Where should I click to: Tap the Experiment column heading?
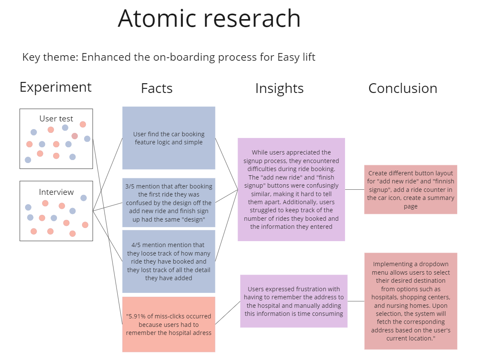click(56, 87)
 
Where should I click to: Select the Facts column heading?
click(156, 88)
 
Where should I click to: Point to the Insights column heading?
click(279, 89)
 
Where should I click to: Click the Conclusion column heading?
click(403, 88)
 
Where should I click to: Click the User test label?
click(56, 118)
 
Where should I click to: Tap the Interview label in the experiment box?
click(56, 192)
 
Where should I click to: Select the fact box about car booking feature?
click(169, 138)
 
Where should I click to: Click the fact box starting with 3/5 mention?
click(169, 202)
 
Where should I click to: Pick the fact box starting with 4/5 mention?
click(169, 262)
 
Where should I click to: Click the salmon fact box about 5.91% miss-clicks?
click(169, 324)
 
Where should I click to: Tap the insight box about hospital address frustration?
click(294, 301)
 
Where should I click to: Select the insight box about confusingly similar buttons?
click(292, 189)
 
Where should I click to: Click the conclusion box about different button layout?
click(411, 189)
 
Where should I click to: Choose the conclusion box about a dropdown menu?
click(411, 301)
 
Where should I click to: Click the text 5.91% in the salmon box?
click(137, 316)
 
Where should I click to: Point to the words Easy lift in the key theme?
click(296, 57)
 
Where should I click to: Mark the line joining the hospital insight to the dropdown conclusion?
click(356, 301)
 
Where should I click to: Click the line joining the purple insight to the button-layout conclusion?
click(355, 189)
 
